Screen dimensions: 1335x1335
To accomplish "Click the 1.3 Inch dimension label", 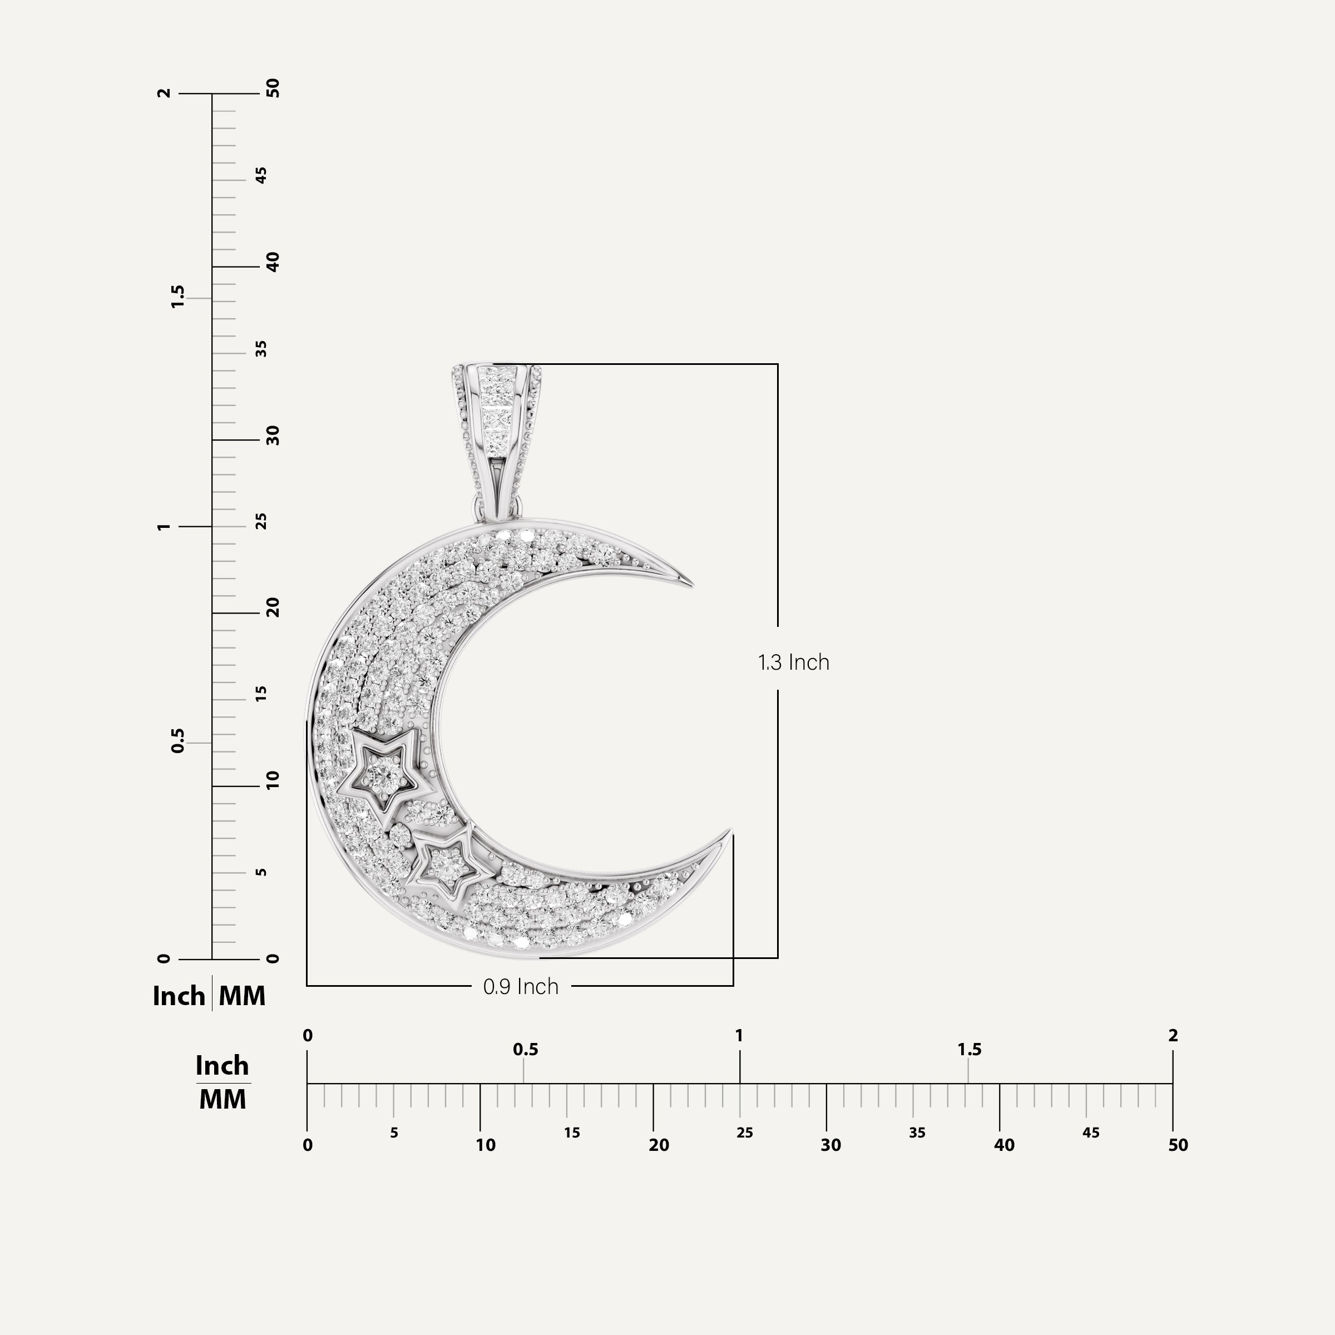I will click(793, 662).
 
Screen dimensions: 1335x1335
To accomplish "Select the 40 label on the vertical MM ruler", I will click(273, 262).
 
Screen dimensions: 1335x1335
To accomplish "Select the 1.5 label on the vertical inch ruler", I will click(178, 296).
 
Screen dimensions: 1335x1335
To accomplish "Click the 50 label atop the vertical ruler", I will click(273, 88).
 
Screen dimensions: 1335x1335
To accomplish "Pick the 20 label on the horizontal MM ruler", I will click(659, 1145).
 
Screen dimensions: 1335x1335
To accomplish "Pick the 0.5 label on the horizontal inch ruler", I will click(525, 1050).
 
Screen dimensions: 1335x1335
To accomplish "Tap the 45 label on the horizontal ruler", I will click(1090, 1133).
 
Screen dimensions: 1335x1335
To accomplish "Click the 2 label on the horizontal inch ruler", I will click(1173, 1036).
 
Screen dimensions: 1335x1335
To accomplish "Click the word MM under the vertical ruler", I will click(242, 996).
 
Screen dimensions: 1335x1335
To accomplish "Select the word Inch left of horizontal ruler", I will click(222, 1066).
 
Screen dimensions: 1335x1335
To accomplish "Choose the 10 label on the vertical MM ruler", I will click(273, 780).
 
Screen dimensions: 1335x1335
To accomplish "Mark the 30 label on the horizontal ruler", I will click(830, 1145).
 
